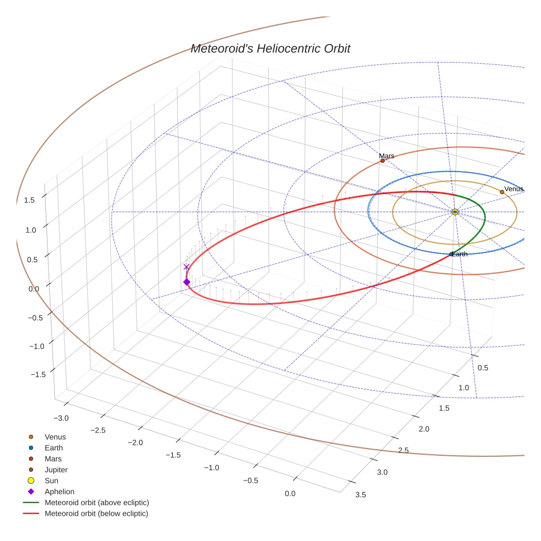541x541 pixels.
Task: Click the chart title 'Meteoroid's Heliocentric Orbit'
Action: pyautogui.click(x=270, y=49)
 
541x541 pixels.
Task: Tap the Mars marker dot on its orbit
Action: pyautogui.click(x=383, y=161)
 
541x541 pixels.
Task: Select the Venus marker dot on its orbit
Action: pyautogui.click(x=502, y=192)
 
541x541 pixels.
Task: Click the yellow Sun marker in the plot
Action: pyautogui.click(x=455, y=212)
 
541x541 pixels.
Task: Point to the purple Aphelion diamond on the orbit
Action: pyautogui.click(x=186, y=282)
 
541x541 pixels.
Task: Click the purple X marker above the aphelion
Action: pyautogui.click(x=186, y=267)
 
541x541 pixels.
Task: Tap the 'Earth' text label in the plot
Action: pyautogui.click(x=460, y=254)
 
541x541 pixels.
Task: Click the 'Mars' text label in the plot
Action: pyautogui.click(x=387, y=156)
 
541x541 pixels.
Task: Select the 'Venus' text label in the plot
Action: pyautogui.click(x=514, y=189)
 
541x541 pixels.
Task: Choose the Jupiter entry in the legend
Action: pyautogui.click(x=56, y=470)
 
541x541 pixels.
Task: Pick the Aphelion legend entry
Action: pyautogui.click(x=59, y=492)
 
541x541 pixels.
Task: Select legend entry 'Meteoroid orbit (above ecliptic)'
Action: pyautogui.click(x=97, y=503)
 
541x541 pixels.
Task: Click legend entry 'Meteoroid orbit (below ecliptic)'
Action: pyautogui.click(x=97, y=514)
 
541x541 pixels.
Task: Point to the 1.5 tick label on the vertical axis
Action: pyautogui.click(x=29, y=200)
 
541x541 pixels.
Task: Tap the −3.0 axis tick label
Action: pyautogui.click(x=60, y=418)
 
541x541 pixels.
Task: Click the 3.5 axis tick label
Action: pyautogui.click(x=361, y=495)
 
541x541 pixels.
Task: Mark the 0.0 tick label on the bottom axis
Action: pyautogui.click(x=290, y=494)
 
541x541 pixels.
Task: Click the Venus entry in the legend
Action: pyautogui.click(x=55, y=437)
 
